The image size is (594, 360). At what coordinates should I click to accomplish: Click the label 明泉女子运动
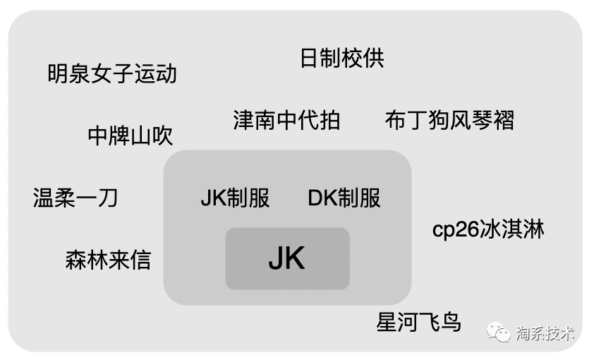coord(112,73)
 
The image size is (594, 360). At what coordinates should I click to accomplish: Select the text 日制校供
coord(342,58)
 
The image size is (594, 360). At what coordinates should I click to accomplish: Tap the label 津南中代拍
coord(286,120)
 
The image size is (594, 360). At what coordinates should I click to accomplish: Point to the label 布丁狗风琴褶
coord(449,120)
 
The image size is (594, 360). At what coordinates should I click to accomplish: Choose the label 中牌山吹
coord(131,136)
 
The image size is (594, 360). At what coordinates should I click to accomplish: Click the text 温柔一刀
coord(75,198)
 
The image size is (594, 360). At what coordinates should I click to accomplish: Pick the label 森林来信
coord(108,260)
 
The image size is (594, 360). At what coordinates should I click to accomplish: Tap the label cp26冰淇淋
coord(488,230)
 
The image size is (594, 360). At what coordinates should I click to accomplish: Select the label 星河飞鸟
coord(418,323)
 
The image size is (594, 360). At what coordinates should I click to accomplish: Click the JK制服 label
coord(235,198)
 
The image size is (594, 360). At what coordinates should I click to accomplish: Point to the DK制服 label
coord(344,198)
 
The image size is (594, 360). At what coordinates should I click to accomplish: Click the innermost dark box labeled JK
coord(287,259)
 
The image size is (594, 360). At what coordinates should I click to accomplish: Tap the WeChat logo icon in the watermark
coord(499,332)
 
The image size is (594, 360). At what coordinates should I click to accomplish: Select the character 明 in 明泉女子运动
coord(59,73)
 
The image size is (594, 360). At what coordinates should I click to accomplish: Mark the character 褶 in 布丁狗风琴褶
coord(503,120)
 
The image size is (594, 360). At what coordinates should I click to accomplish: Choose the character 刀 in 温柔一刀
coord(107,198)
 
